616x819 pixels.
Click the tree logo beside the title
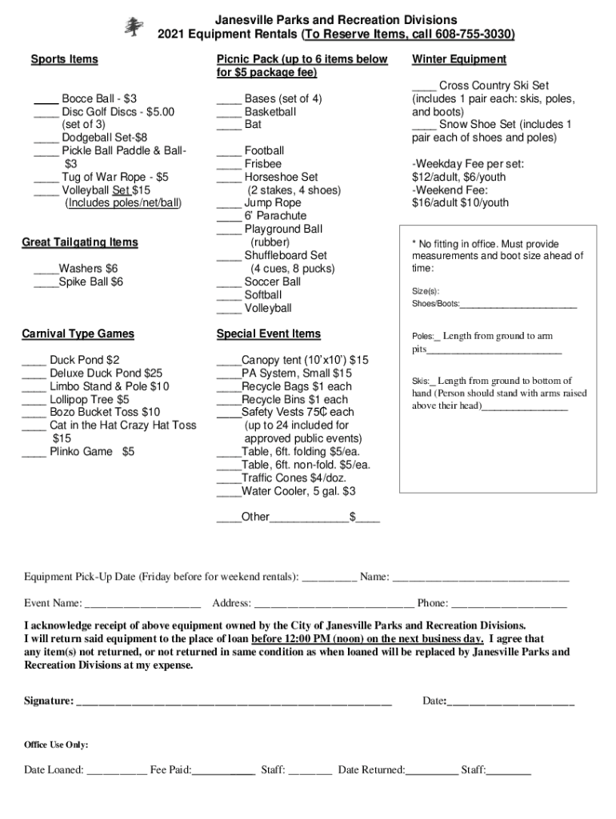point(134,26)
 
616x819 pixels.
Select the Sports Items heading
point(64,59)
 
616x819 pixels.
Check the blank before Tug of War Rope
point(46,178)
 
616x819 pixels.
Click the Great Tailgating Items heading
point(80,242)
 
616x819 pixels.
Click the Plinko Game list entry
point(92,452)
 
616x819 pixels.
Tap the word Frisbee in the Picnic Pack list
point(263,164)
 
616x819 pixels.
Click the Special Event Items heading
point(268,334)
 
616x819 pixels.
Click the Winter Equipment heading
point(458,59)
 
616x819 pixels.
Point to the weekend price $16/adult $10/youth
point(460,203)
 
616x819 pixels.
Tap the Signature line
point(233,703)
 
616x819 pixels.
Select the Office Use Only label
point(56,745)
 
